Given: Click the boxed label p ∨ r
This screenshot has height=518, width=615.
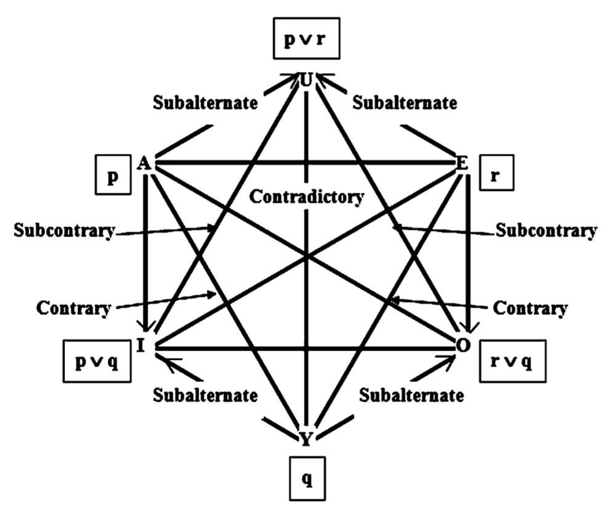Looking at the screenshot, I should tap(307, 45).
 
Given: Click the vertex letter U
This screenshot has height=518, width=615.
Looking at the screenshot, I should tap(307, 80).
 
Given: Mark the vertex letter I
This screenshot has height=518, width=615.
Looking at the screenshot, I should tap(141, 346).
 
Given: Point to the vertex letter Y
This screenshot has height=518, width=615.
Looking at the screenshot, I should tap(306, 438).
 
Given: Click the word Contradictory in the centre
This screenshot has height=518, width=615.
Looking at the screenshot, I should tap(307, 197).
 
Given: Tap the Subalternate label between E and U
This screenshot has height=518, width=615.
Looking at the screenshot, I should tap(404, 102).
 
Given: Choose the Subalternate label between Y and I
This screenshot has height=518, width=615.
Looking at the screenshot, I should tap(206, 394).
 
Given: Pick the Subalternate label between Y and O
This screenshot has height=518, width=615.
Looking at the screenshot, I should tap(411, 394).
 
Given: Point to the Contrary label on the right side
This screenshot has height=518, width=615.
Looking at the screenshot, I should tap(530, 307).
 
